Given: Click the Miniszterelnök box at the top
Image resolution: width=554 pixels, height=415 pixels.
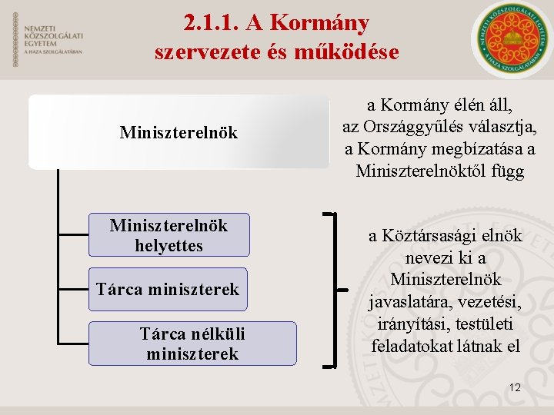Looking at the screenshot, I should point(179,132).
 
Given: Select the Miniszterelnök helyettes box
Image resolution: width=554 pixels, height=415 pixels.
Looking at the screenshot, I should point(169,235).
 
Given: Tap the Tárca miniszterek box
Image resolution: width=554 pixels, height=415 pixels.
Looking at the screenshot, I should point(168,289).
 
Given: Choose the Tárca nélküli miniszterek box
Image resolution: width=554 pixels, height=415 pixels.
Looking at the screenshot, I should point(192,344).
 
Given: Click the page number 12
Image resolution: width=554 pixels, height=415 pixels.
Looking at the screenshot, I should point(515,388).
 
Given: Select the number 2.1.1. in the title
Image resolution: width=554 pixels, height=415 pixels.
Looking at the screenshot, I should point(212,23).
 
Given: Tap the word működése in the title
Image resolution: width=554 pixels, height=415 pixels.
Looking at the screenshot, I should point(352,52).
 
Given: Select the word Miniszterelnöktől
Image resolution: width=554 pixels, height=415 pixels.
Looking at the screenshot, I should point(424,171).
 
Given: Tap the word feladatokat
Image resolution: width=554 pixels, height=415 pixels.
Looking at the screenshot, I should point(413,346).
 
